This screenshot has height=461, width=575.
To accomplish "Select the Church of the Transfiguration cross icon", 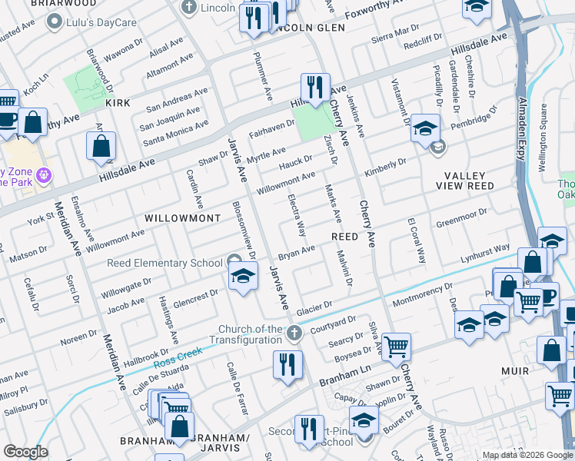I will [x=292, y=333].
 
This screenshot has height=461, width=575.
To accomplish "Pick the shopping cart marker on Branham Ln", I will [x=396, y=347].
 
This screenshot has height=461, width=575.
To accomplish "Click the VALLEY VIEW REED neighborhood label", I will [x=470, y=181].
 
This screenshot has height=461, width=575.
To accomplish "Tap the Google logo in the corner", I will [x=25, y=452].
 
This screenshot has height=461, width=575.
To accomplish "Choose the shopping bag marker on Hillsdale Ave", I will [x=101, y=146].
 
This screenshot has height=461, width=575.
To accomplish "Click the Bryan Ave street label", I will [x=297, y=252].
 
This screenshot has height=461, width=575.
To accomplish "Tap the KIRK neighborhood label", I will [x=118, y=102].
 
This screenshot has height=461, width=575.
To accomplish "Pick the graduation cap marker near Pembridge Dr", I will [x=424, y=128].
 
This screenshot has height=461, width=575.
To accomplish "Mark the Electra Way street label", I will [x=297, y=214].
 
